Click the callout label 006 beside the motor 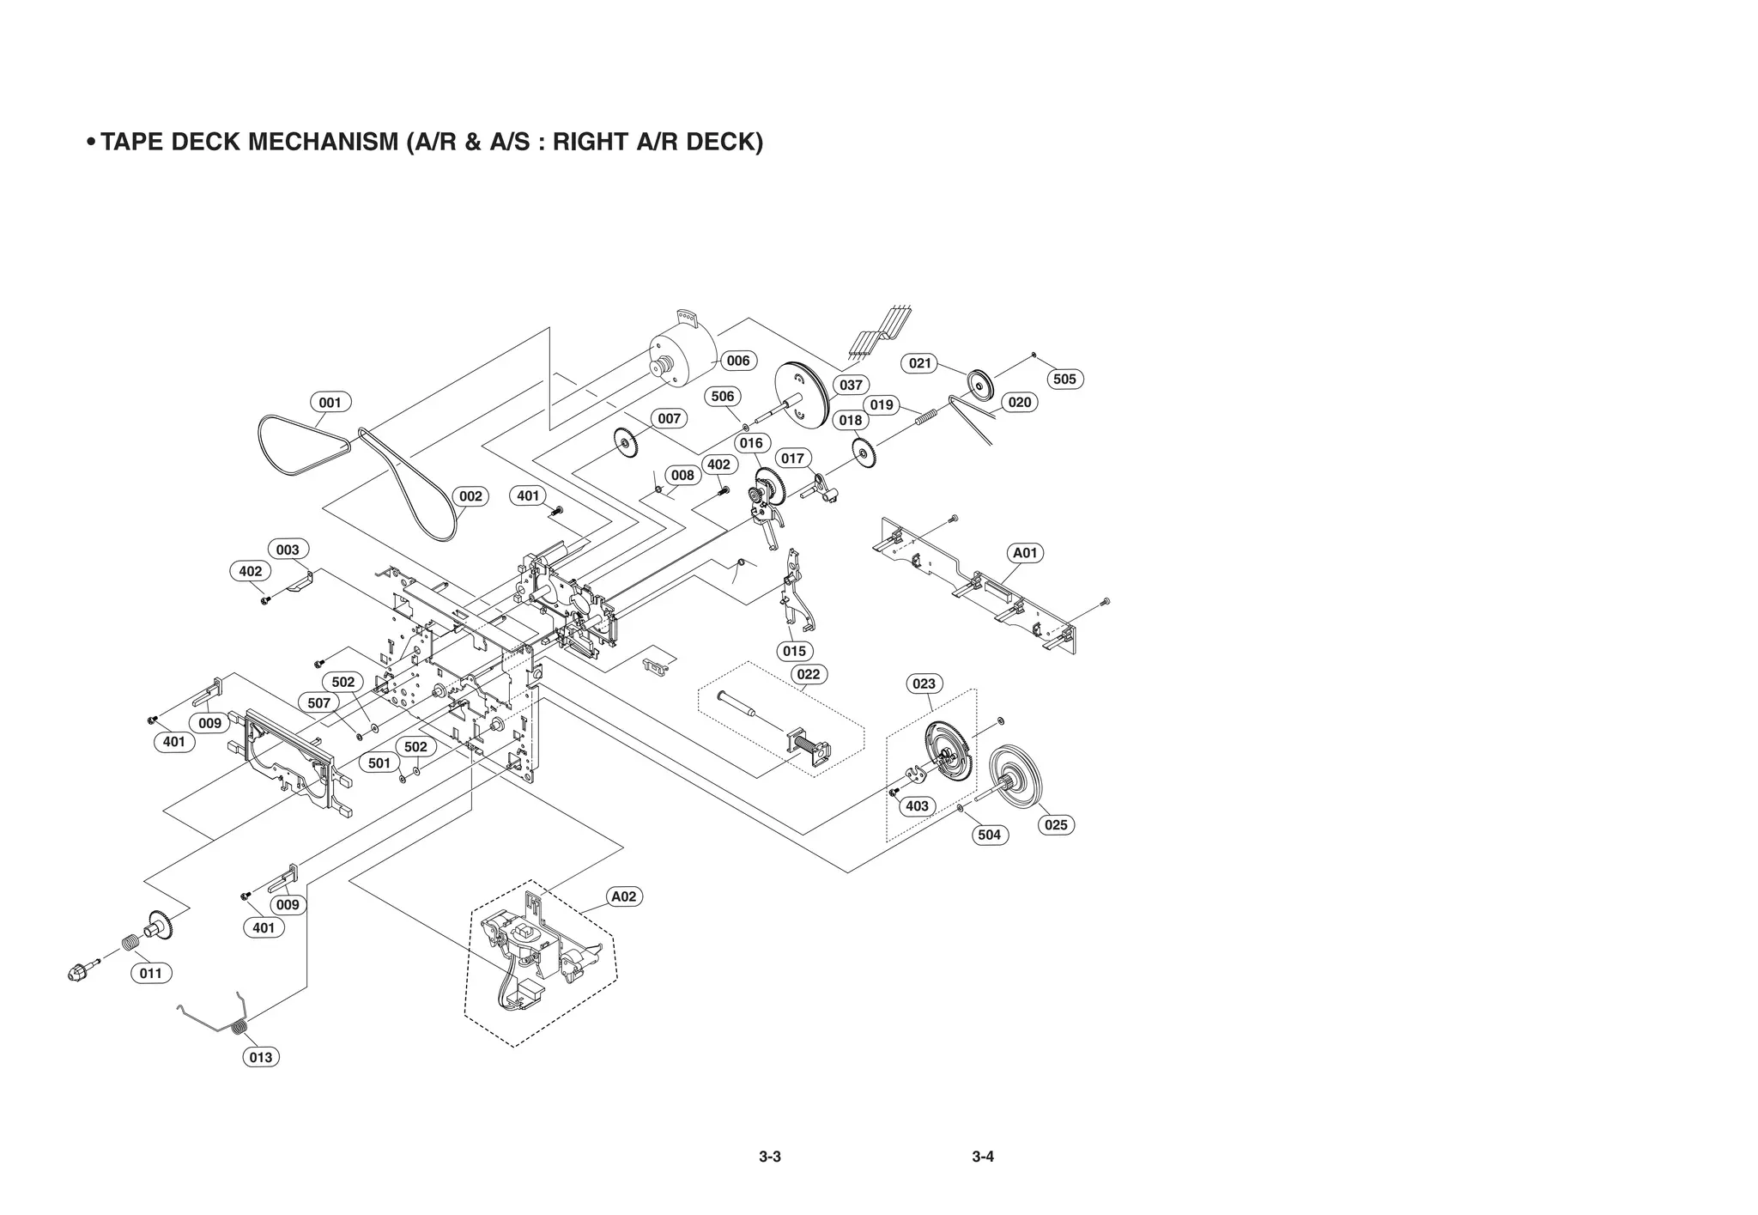click(737, 361)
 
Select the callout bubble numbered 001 click(330, 403)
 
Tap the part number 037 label click(850, 385)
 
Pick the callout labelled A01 click(1025, 553)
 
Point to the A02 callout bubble click(623, 896)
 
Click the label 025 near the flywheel click(1056, 825)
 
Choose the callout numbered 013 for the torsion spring click(260, 1058)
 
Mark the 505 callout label click(1064, 379)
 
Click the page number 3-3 click(770, 1157)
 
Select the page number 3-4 click(983, 1157)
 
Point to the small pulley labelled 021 click(979, 383)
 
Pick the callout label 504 click(989, 835)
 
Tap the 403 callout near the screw click(917, 806)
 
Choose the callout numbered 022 click(808, 674)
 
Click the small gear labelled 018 click(864, 453)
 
